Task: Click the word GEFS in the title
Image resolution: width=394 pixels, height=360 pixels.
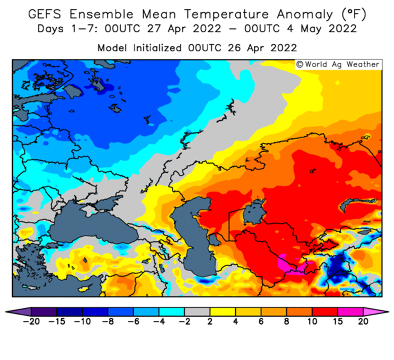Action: point(45,14)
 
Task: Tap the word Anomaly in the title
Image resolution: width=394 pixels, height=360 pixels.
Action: point(305,15)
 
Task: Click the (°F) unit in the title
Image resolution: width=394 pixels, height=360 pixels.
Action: point(354,14)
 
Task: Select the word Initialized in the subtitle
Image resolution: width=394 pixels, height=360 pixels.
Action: point(157,48)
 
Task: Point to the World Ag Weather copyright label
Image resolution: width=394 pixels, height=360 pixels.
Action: point(339,64)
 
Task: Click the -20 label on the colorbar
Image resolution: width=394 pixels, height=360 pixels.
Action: point(32,321)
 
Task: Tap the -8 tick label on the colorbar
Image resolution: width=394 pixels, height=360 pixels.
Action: point(108,321)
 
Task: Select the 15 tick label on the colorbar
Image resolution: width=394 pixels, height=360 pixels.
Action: point(338,321)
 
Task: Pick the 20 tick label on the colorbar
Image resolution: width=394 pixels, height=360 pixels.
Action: point(363,321)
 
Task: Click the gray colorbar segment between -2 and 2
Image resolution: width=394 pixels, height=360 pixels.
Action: point(197,312)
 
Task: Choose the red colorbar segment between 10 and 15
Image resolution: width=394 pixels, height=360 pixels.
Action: point(325,312)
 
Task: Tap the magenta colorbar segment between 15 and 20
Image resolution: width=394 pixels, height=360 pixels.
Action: point(350,312)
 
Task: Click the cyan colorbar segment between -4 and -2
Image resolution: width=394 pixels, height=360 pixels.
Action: point(172,312)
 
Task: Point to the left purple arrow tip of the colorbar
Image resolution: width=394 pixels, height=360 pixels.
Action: point(6,312)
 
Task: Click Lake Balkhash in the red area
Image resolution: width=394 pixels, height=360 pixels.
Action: point(357,203)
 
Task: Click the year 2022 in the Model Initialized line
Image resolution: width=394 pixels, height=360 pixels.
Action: point(284,48)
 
